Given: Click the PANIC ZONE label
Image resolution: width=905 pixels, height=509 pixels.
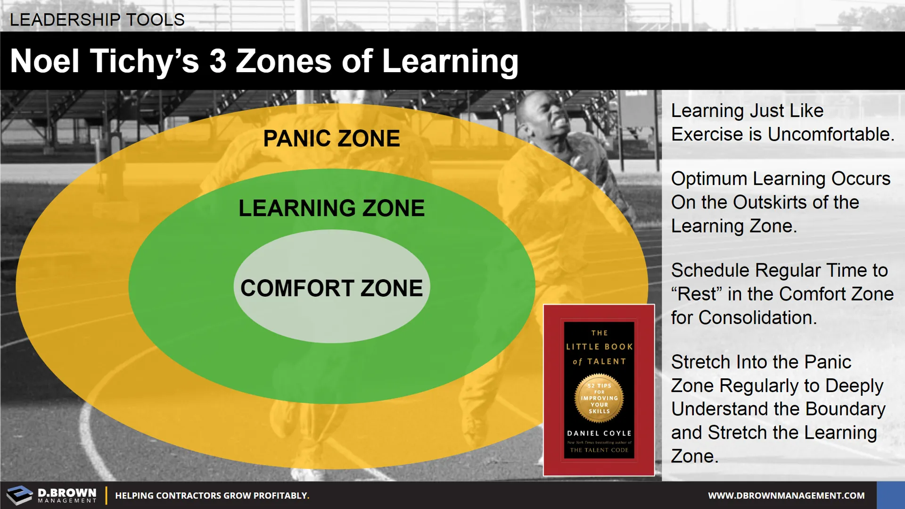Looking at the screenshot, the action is [331, 139].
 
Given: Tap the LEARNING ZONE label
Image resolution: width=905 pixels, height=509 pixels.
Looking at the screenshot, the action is [331, 208].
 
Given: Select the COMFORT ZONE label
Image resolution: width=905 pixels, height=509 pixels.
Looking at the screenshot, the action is [331, 288].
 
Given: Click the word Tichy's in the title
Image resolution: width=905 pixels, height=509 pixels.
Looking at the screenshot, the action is [144, 62].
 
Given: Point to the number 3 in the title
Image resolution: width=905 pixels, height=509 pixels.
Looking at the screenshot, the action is [218, 61].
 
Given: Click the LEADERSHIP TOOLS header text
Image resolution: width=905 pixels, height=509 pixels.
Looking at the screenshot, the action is [97, 20].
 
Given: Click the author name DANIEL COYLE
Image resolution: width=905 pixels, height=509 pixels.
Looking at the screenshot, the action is [599, 433].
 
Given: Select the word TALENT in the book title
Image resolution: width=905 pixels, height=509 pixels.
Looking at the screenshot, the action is [606, 361].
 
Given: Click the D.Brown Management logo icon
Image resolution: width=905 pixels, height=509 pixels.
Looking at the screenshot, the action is [20, 495].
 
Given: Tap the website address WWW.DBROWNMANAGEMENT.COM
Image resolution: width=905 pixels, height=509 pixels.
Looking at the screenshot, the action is [786, 495].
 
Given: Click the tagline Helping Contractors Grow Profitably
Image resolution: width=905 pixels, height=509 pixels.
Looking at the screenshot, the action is [212, 495].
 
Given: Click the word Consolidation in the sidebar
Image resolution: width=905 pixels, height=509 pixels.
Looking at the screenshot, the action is [758, 317].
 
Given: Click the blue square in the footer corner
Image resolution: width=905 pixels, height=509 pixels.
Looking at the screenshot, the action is [891, 495].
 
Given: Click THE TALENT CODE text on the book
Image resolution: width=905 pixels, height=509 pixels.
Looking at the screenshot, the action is [599, 450].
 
